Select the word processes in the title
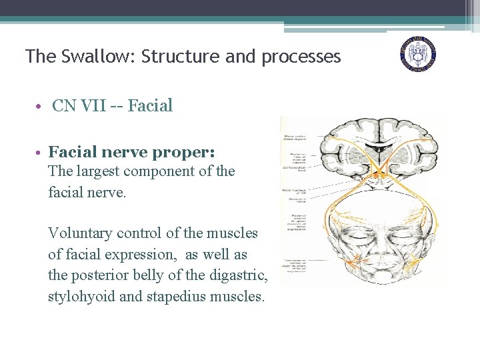click(x=301, y=57)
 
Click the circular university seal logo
click(x=418, y=53)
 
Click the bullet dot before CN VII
click(x=40, y=106)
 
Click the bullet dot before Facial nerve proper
click(x=40, y=153)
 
